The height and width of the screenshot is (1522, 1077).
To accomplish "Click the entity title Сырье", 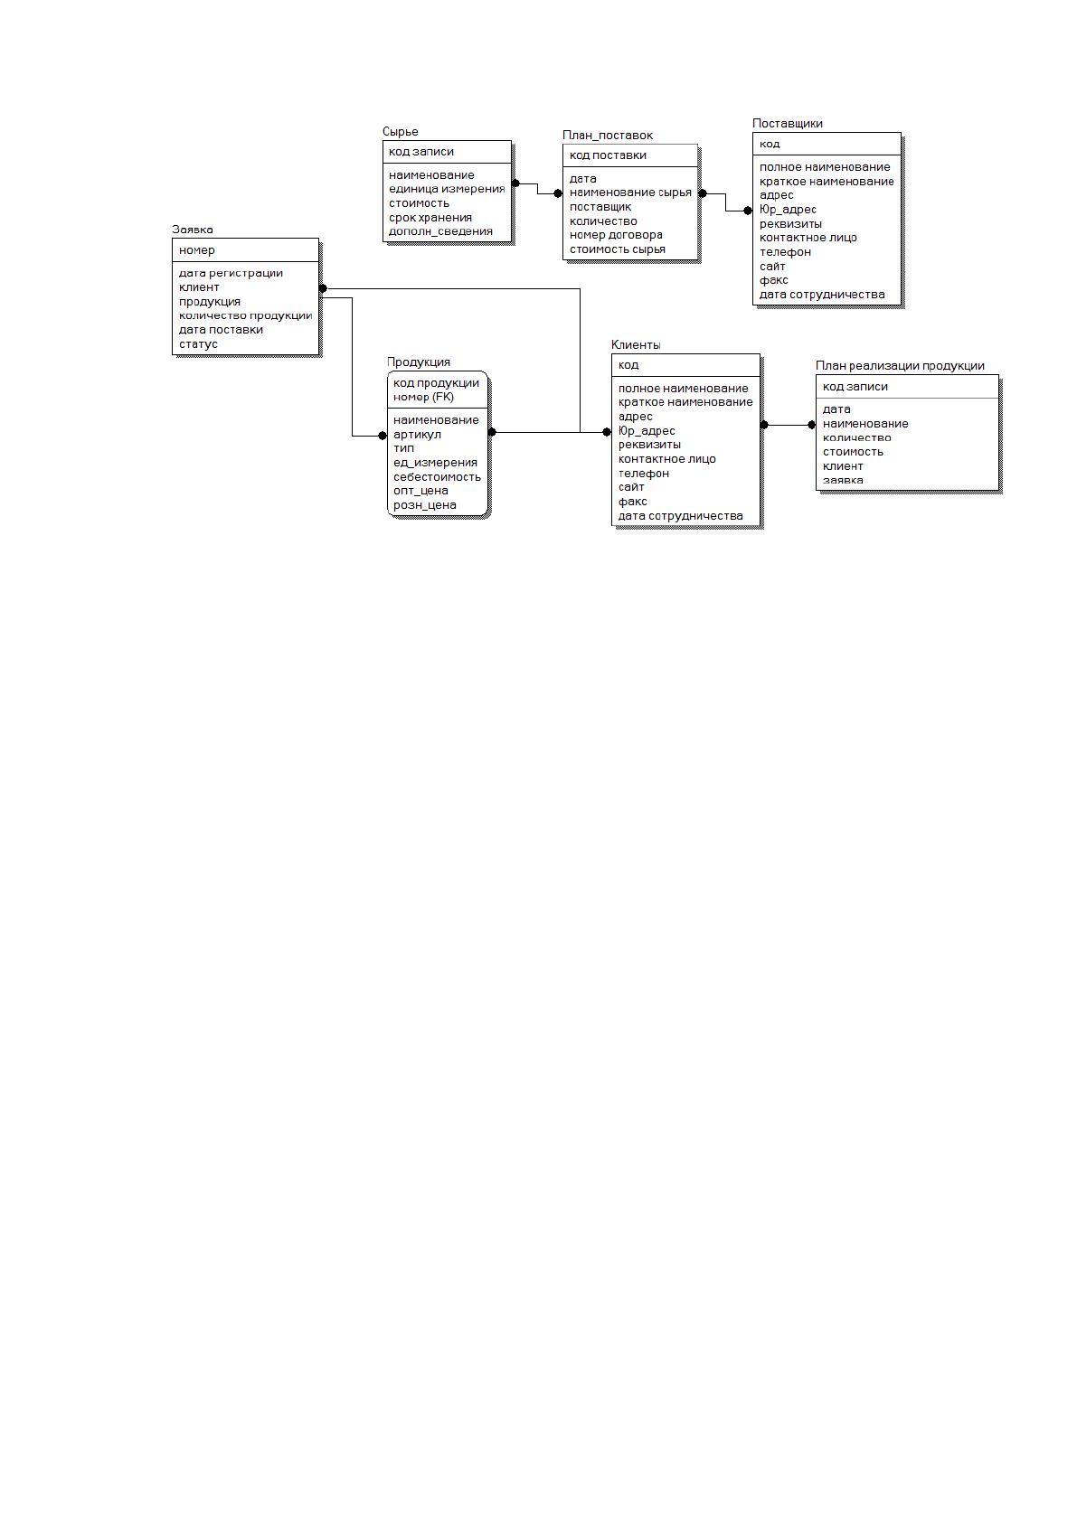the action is coord(400,132).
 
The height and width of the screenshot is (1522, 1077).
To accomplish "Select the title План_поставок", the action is coord(607,136).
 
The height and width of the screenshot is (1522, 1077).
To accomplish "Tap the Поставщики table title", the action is coord(787,124).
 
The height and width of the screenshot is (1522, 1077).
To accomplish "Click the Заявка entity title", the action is coord(192,230).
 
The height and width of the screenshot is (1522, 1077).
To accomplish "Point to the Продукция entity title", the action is coord(418,362).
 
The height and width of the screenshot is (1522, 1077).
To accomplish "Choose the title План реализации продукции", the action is coord(900,365).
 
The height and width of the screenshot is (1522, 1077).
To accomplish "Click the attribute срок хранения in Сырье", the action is coord(430,218).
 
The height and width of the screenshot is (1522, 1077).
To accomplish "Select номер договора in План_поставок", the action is coord(615,235).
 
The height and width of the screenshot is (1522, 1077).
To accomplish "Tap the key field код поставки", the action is coord(607,155).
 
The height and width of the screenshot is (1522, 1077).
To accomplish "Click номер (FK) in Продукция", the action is coord(423,397).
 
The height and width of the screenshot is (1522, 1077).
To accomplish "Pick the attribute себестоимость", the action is coord(437,477).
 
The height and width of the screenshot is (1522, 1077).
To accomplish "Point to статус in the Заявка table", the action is coord(198,344).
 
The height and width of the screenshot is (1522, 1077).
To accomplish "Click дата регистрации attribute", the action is coord(231,273).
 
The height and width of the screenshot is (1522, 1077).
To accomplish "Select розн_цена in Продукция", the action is coord(424,505).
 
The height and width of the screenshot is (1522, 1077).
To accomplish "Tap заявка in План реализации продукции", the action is coord(843,481).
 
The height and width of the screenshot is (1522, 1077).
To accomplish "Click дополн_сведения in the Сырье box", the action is coord(439,231).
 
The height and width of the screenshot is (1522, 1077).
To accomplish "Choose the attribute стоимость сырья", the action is coord(617,249).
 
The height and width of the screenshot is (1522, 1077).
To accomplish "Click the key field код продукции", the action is coord(436,383).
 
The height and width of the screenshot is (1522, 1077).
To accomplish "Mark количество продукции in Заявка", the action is coord(245,316).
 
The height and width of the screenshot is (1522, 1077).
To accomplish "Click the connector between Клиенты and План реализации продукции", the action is coord(788,426).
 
